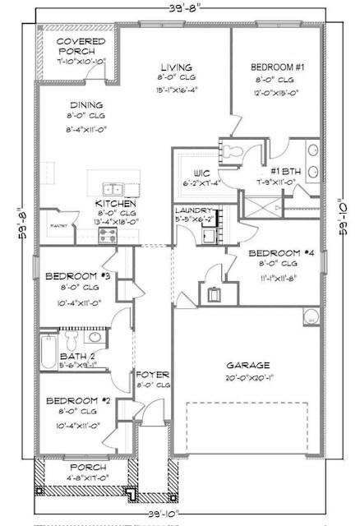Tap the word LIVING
pyautogui.click(x=177, y=67)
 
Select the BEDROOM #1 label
pyautogui.click(x=267, y=67)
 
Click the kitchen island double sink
pyautogui.click(x=111, y=187)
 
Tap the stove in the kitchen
pyautogui.click(x=108, y=234)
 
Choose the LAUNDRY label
pyautogui.click(x=195, y=210)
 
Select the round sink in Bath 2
pyautogui.click(x=95, y=336)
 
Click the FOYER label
pyautogui.click(x=152, y=373)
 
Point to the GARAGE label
pyautogui.click(x=248, y=363)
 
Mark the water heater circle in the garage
pyautogui.click(x=311, y=317)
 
